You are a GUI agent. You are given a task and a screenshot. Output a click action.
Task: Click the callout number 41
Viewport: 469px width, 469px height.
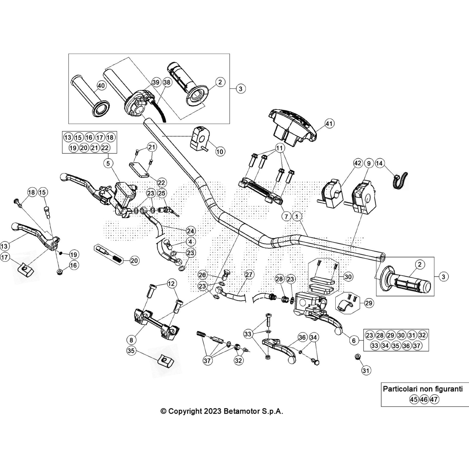point(329,124)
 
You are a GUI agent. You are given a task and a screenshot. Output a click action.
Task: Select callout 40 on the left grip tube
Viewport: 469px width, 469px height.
point(101,86)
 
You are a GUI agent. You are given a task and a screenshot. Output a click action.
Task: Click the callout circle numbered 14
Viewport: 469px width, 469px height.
point(379,163)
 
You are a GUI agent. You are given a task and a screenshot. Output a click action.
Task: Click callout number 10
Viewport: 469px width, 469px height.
point(220,152)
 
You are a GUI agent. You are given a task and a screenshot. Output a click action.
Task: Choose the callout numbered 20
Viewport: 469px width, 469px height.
point(134,261)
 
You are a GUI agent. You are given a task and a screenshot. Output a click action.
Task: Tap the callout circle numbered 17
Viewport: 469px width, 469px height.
point(5,257)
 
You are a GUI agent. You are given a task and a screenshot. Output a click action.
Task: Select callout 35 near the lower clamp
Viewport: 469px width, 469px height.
point(131,351)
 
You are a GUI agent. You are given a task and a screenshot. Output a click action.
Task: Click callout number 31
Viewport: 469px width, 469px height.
point(366,371)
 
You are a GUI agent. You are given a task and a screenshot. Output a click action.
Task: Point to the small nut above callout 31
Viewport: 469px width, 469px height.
point(357,356)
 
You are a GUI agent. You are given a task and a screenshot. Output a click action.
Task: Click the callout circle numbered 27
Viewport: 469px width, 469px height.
point(249,275)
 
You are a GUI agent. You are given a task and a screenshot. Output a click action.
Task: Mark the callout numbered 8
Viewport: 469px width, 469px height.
point(131,340)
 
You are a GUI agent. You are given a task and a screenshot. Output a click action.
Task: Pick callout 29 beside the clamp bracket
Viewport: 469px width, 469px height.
point(368,303)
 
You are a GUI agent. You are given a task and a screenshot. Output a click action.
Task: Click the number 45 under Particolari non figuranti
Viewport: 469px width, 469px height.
point(414,399)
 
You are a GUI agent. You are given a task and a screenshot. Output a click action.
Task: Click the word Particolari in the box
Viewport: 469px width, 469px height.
point(400,389)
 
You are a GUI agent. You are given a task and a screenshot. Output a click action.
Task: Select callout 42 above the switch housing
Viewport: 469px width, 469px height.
point(358,163)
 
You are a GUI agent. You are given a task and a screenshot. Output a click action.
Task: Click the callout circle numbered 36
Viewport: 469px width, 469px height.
point(303,337)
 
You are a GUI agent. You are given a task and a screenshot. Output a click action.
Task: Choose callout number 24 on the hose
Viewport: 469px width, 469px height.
point(191,231)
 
